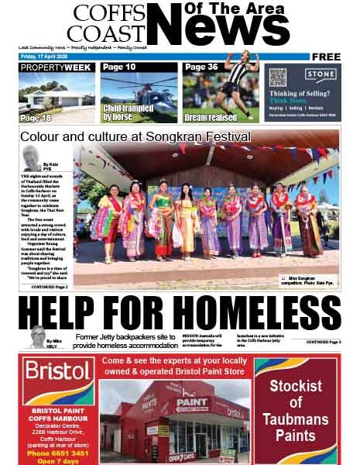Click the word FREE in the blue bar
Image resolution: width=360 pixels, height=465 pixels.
[326, 57]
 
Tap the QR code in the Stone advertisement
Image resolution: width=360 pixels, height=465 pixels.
[278, 77]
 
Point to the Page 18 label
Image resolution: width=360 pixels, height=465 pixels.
[36, 118]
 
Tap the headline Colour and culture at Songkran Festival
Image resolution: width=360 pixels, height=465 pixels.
[135, 137]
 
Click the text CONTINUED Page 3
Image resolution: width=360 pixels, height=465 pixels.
[323, 342]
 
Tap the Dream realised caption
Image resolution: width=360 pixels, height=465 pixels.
[211, 118]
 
